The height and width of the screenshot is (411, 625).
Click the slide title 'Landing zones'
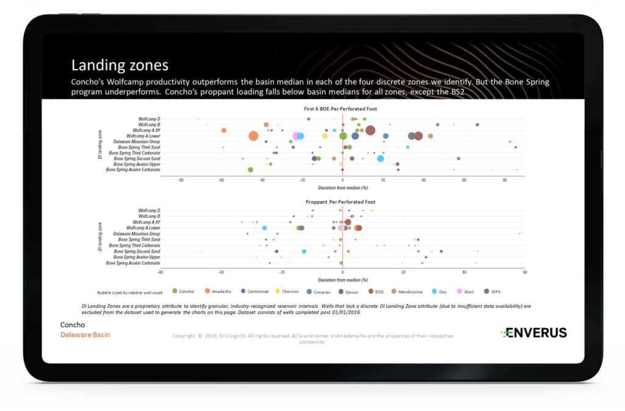click(x=120, y=65)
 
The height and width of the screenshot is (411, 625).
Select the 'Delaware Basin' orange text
click(x=85, y=335)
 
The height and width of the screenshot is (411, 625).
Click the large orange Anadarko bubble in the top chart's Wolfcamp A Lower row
click(x=253, y=136)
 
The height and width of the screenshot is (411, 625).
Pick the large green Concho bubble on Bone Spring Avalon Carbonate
click(x=250, y=170)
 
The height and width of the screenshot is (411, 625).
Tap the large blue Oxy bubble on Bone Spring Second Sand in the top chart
click(x=380, y=158)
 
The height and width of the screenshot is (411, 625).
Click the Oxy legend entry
click(x=438, y=292)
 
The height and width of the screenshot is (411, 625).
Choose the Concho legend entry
click(x=183, y=292)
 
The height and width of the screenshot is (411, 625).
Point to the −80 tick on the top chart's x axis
click(x=180, y=181)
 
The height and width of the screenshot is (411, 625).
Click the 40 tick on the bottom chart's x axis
click(x=464, y=273)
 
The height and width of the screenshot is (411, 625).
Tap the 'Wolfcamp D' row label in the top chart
click(x=149, y=118)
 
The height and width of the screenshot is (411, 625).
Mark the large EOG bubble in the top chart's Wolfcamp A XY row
click(x=370, y=129)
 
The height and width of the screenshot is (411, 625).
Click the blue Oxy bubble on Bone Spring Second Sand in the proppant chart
click(x=304, y=251)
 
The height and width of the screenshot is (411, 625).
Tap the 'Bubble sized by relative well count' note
click(x=129, y=292)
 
